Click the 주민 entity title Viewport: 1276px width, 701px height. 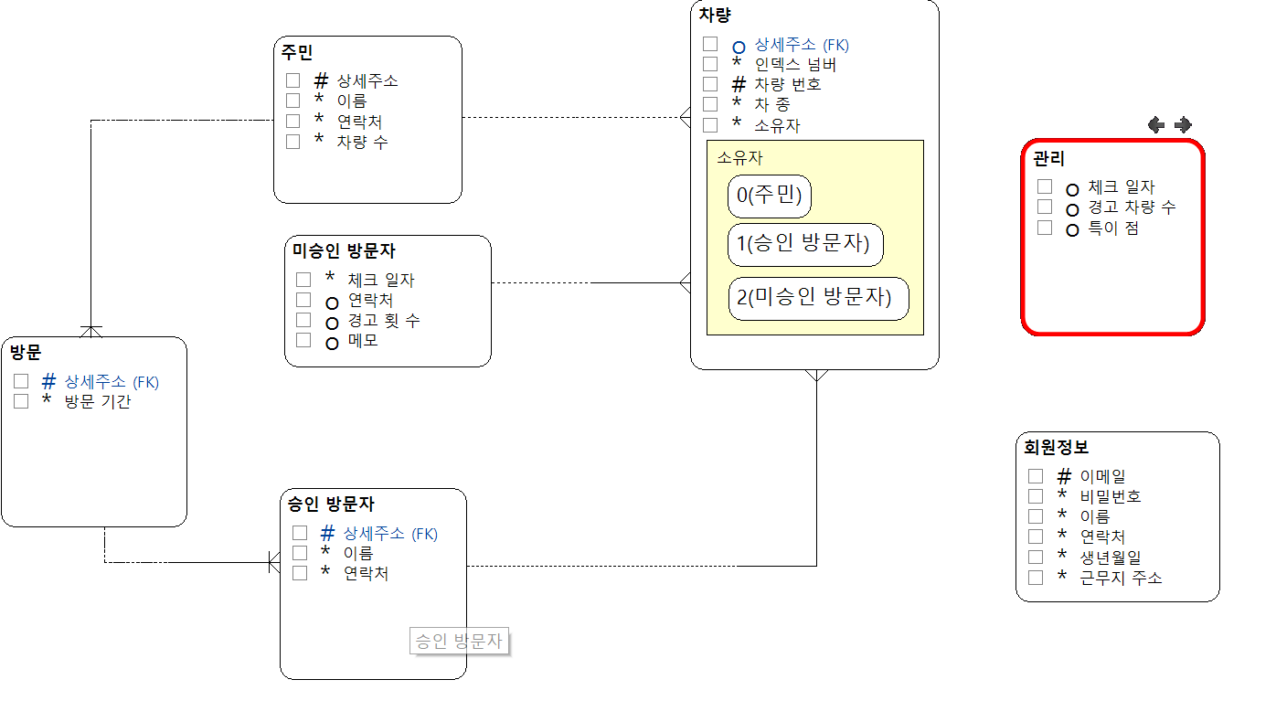coord(297,53)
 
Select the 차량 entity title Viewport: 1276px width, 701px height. coord(715,15)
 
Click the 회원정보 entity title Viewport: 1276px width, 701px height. coord(1056,448)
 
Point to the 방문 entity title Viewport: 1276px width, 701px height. coord(26,352)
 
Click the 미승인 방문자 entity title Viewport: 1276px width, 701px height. coord(344,250)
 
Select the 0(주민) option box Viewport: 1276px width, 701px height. coord(770,196)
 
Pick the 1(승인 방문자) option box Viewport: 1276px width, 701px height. coord(805,244)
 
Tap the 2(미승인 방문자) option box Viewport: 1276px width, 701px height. coord(818,298)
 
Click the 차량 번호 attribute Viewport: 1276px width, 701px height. coord(787,84)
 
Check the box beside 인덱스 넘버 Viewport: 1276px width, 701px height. coord(710,64)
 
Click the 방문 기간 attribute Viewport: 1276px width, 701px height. coord(97,401)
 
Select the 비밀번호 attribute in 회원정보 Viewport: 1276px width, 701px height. coord(1110,496)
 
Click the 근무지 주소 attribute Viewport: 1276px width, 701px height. coord(1121,577)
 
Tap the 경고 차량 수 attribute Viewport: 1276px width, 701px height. coord(1132,207)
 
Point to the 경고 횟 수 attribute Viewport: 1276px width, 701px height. coord(384,321)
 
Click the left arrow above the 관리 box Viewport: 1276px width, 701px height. coord(1156,125)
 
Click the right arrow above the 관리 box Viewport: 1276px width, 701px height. coord(1183,125)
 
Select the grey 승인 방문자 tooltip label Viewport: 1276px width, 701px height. coord(459,642)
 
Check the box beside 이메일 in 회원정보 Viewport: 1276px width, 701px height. coord(1036,476)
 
